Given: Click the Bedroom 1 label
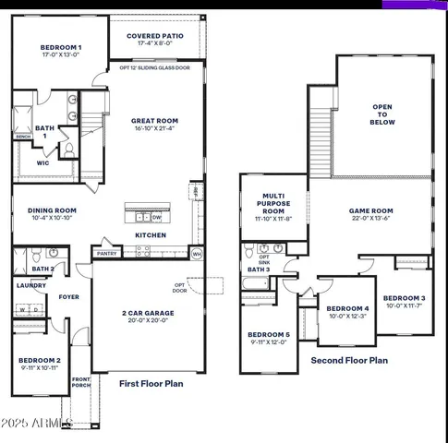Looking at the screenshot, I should (x=61, y=47).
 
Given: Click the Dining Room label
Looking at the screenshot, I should (x=52, y=210).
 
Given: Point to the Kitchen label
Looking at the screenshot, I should (x=151, y=235).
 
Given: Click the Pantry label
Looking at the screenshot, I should (x=106, y=253).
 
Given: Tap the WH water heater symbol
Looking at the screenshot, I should (x=197, y=253).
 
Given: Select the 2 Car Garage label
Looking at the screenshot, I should (x=149, y=313).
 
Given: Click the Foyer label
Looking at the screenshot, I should (x=69, y=297).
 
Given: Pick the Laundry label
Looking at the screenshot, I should (x=30, y=285).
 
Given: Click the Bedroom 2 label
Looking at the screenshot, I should (x=40, y=360).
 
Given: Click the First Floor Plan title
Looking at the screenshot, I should (x=157, y=382).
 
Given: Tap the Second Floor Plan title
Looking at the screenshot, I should (x=349, y=361).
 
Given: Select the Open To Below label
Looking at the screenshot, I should (x=382, y=114).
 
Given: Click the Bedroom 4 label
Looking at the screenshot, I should (x=347, y=308).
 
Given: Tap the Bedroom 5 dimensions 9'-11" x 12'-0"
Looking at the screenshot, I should (x=269, y=342).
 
